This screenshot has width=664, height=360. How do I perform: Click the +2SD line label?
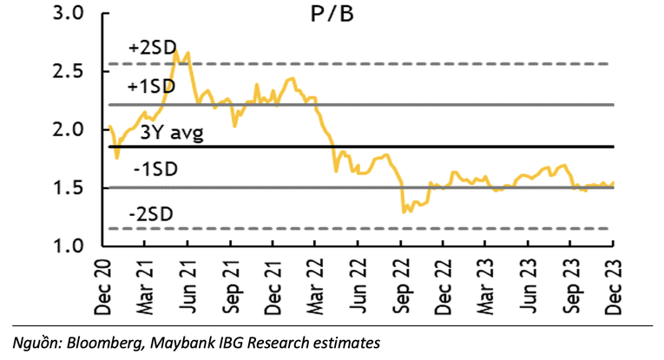150,49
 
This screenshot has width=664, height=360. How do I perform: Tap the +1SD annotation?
150,88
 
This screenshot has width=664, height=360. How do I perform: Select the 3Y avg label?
171,134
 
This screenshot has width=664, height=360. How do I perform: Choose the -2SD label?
150,214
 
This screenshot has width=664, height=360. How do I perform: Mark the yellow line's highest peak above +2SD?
176,51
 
